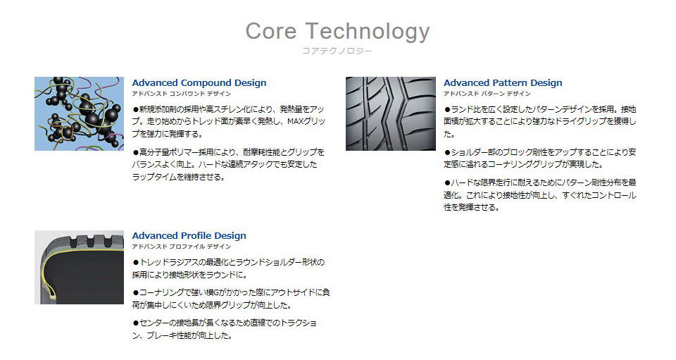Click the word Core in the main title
click(x=270, y=31)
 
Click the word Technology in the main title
click(x=368, y=32)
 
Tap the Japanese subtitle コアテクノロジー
click(x=337, y=51)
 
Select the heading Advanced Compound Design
click(x=199, y=82)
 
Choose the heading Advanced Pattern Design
click(x=503, y=82)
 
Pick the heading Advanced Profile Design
click(x=189, y=236)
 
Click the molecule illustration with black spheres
click(x=79, y=114)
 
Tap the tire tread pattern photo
click(x=391, y=114)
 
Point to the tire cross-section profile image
click(x=79, y=267)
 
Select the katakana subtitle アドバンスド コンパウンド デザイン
click(x=182, y=94)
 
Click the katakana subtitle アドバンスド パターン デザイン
click(x=487, y=94)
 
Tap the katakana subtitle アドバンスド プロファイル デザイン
click(x=182, y=247)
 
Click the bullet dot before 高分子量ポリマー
click(x=136, y=152)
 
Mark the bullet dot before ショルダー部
click(x=448, y=152)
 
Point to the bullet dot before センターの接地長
click(x=136, y=323)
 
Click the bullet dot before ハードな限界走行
click(x=448, y=182)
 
